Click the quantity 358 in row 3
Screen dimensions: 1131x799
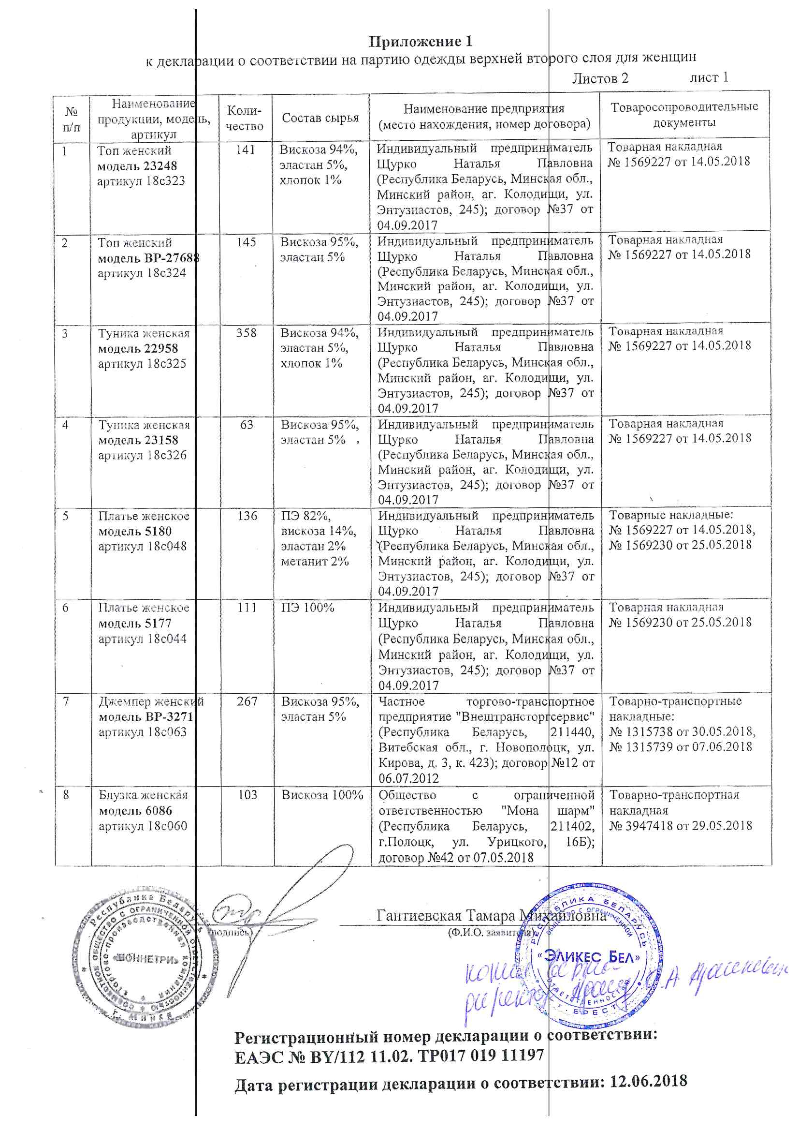coord(246,333)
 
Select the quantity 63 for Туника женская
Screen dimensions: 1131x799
coord(247,425)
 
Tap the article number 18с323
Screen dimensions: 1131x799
coord(165,181)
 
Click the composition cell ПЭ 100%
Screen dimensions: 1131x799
coord(308,608)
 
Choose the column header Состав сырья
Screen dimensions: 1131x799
coord(320,118)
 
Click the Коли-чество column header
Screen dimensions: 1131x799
coord(244,119)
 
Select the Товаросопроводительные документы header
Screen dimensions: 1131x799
coord(684,115)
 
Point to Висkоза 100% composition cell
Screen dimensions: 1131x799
coord(322,795)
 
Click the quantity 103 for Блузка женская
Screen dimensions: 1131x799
coord(247,795)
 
